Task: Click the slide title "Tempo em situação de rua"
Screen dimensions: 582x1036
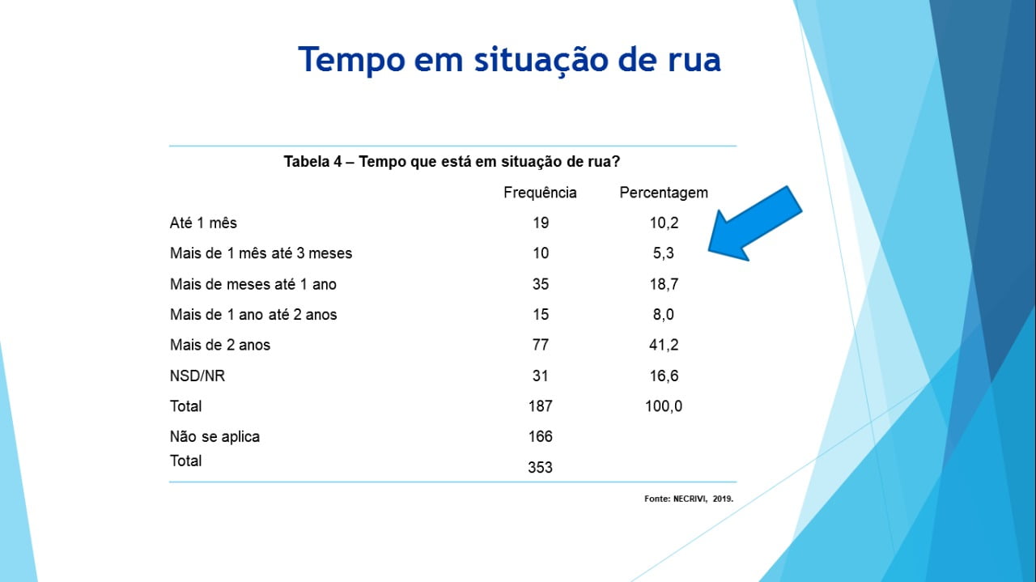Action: pyautogui.click(x=509, y=60)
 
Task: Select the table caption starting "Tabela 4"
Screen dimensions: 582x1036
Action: pyautogui.click(x=452, y=161)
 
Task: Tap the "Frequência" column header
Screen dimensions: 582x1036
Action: pyautogui.click(x=540, y=193)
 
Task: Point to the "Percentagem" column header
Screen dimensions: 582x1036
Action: pyautogui.click(x=664, y=193)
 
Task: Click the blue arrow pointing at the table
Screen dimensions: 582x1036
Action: pyautogui.click(x=754, y=224)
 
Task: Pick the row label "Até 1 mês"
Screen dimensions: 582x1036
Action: pyautogui.click(x=203, y=223)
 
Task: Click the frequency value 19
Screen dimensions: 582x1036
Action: pyautogui.click(x=541, y=223)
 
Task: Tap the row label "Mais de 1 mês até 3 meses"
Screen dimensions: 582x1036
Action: pyautogui.click(x=261, y=253)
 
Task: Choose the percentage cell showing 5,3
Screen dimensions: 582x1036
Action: pyautogui.click(x=663, y=253)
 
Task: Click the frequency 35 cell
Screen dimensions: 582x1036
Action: pyautogui.click(x=541, y=284)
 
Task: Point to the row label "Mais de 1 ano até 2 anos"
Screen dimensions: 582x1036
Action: pyautogui.click(x=253, y=315)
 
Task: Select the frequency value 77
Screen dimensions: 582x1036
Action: pyautogui.click(x=541, y=345)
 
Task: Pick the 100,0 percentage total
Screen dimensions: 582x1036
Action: pyautogui.click(x=663, y=406)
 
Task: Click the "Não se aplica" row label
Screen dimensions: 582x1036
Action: pyautogui.click(x=214, y=437)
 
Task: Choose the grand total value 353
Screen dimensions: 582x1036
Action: pyautogui.click(x=540, y=468)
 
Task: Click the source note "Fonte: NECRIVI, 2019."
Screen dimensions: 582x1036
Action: pyautogui.click(x=689, y=499)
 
